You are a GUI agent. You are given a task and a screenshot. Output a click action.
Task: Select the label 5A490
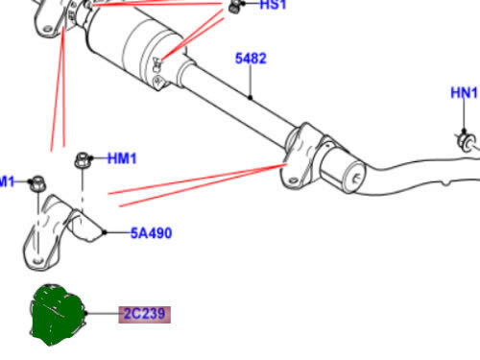point(151,232)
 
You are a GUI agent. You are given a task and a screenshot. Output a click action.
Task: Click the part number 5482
point(251,59)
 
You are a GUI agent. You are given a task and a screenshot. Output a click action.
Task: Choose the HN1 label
point(465,93)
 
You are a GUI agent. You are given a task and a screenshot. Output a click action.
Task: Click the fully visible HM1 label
point(123,158)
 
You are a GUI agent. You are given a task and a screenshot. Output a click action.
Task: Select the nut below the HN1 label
point(465,141)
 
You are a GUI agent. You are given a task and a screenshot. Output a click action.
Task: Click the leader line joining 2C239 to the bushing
point(102,314)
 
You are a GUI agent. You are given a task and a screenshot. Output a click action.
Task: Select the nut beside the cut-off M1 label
point(36,181)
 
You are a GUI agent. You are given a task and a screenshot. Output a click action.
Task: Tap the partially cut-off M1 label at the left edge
point(8,180)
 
